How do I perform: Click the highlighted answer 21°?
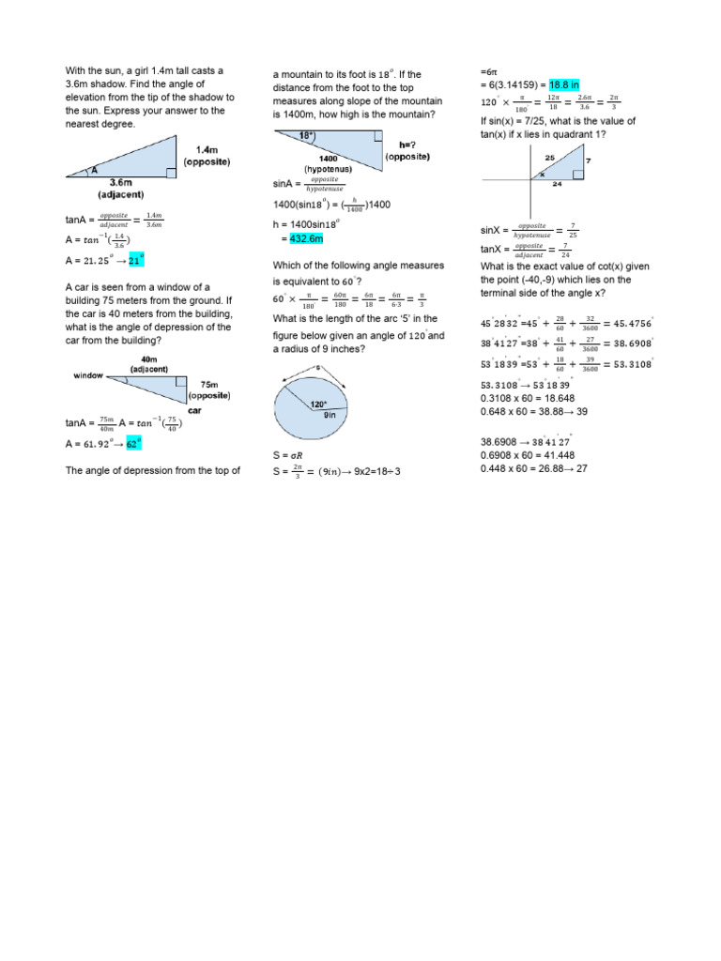tap(137, 261)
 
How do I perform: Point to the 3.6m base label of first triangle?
tap(127, 182)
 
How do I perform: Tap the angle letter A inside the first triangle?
tap(94, 171)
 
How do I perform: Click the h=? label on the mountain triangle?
tap(407, 145)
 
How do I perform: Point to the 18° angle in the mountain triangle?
tap(304, 136)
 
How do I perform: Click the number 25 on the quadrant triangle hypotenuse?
tap(549, 157)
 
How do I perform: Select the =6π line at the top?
tap(487, 71)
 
